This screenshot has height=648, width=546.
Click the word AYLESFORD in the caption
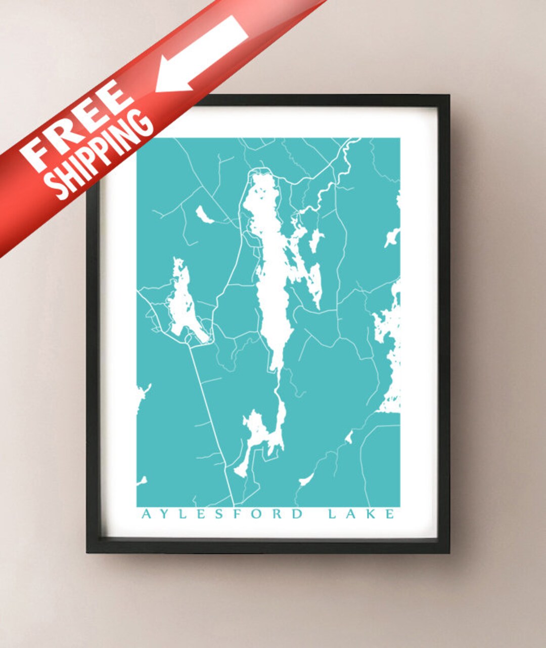tap(222, 514)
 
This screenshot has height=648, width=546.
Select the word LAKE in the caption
tap(360, 514)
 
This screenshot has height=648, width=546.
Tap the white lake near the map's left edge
tap(182, 304)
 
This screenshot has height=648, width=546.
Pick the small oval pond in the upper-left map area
tap(205, 215)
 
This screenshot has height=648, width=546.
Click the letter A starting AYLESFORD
tap(146, 514)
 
